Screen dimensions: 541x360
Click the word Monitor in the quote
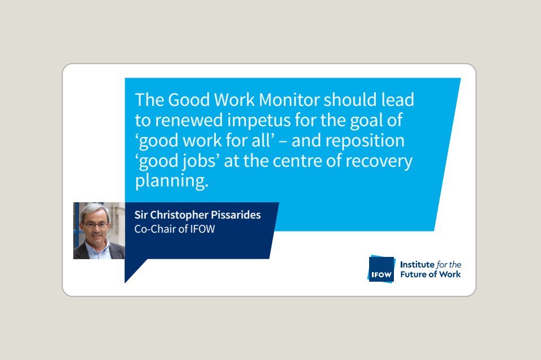[x=289, y=100]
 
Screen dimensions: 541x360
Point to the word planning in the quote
[x=172, y=181]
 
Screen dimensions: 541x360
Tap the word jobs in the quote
[x=199, y=161]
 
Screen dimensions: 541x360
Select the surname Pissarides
[x=236, y=215]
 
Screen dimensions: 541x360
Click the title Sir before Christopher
[x=141, y=215]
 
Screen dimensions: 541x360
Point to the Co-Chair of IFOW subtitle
[x=175, y=229]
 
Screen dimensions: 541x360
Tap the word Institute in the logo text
[x=417, y=264]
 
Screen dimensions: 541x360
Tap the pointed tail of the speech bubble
[x=125, y=282]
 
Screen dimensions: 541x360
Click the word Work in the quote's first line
[x=234, y=100]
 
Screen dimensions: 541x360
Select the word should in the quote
[x=350, y=100]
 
